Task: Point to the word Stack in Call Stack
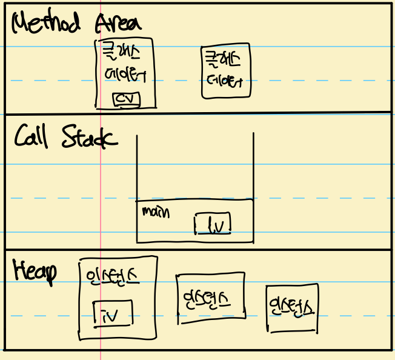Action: [90, 138]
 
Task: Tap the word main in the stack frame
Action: [156, 212]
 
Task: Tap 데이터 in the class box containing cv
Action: [125, 76]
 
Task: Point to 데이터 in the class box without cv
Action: [224, 81]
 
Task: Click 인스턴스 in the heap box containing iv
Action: [113, 276]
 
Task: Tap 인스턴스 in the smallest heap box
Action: [292, 302]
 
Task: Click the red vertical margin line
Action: [100, 182]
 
